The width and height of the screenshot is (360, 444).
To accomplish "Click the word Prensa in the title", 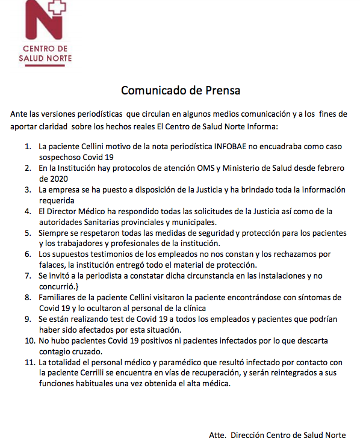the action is click(219, 91).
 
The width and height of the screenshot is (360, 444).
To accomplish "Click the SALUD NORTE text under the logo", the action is click(45, 58).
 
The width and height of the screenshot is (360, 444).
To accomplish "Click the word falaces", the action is click(53, 265).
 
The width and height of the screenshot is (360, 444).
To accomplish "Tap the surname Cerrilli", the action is click(106, 374).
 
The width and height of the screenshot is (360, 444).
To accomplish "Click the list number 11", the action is click(26, 363).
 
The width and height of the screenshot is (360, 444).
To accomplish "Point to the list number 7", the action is click(28, 276).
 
